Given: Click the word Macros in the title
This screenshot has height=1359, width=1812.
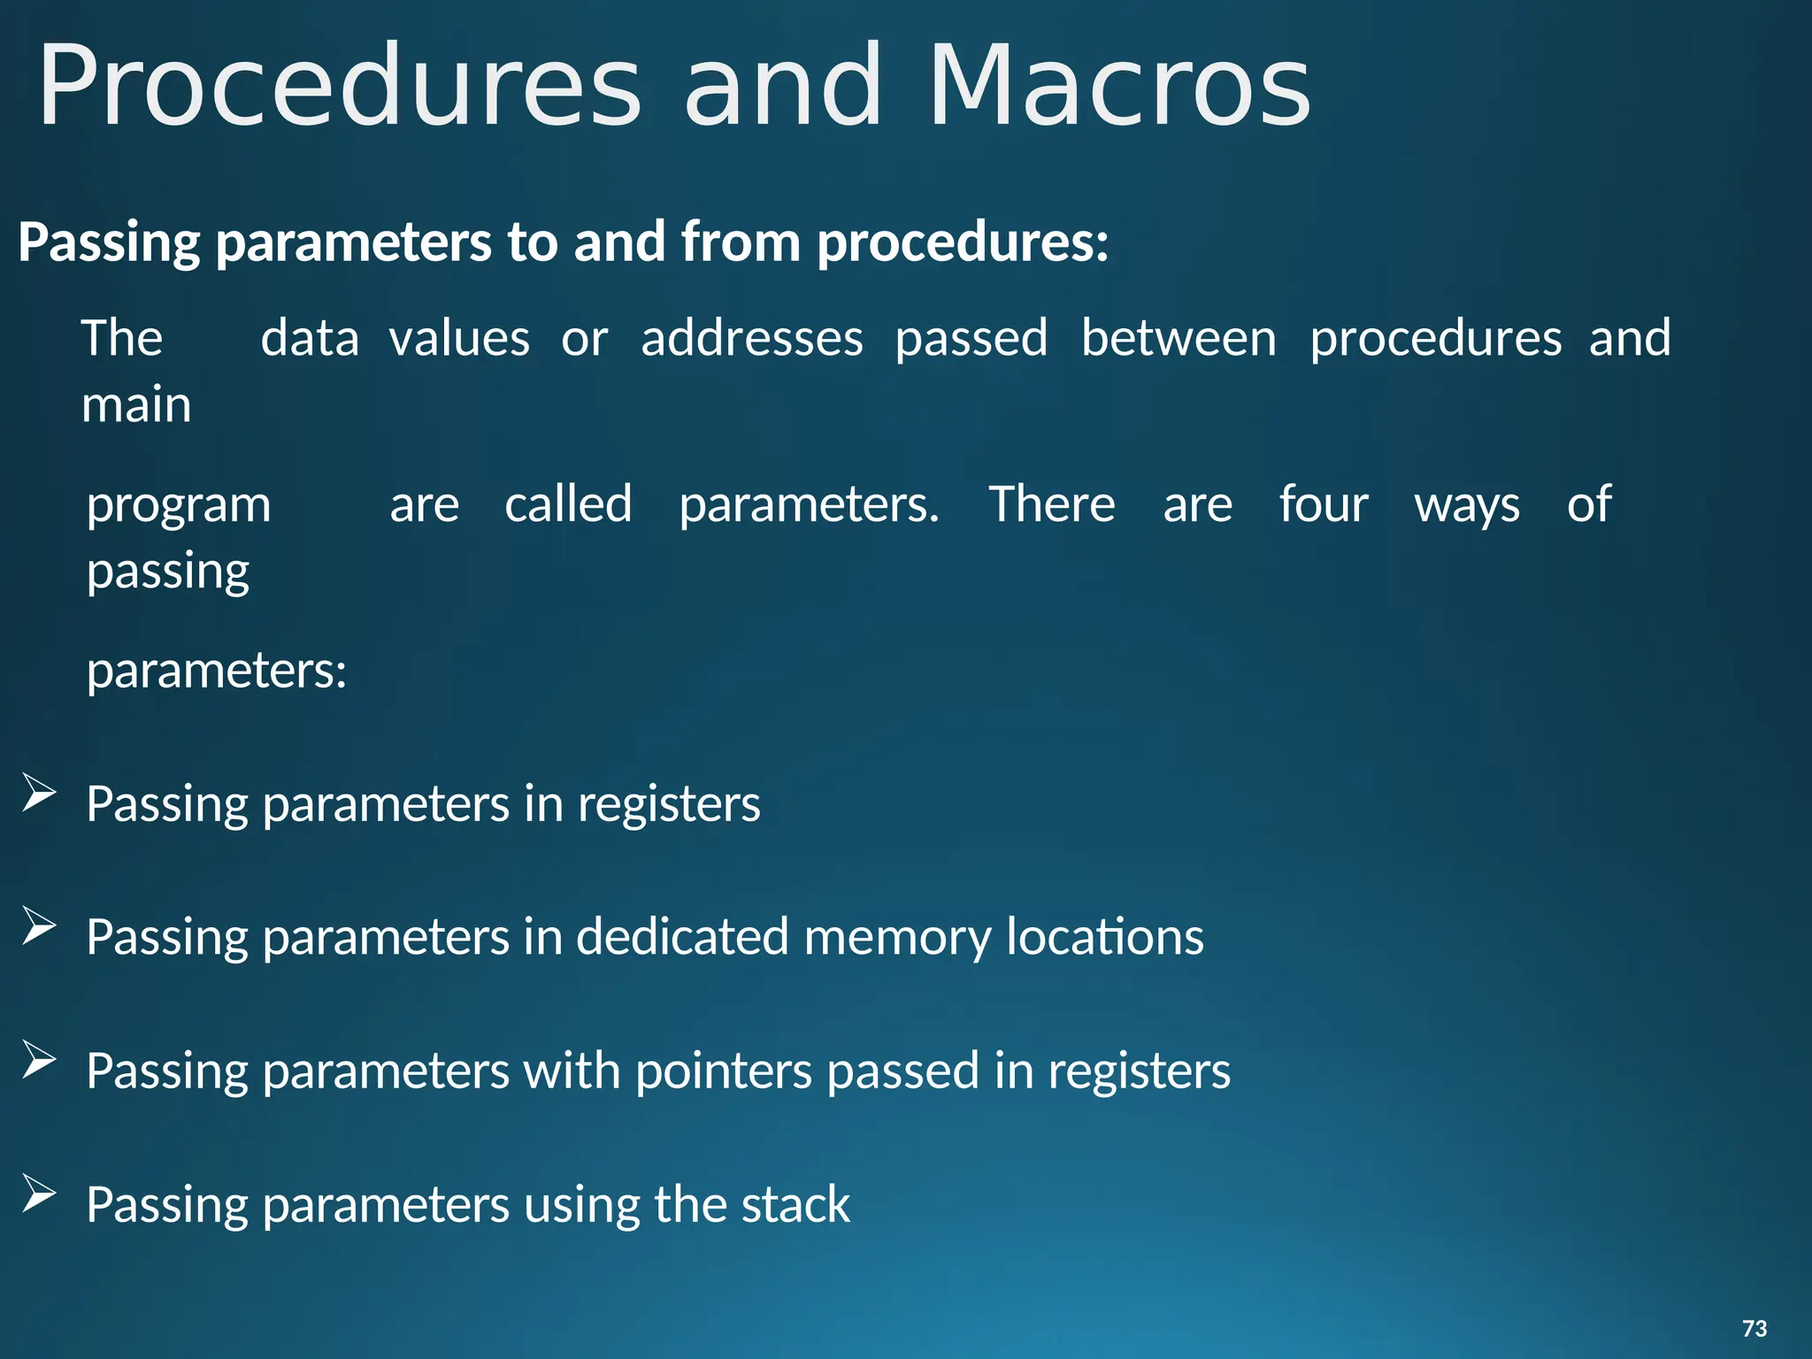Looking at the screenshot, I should coord(1119,87).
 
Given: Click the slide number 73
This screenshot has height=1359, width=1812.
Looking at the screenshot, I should coord(1754,1328).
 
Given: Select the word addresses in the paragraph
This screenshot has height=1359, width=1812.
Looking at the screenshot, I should coord(752,339).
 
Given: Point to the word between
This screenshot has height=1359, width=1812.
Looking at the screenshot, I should coord(1179,339).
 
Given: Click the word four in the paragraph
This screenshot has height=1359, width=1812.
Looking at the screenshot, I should coord(1324,505).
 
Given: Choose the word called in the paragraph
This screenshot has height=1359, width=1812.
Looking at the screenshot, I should coord(568,504).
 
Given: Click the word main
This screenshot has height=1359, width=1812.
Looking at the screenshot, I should coord(136,405).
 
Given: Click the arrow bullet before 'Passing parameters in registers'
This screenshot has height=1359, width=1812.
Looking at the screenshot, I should coord(39,792).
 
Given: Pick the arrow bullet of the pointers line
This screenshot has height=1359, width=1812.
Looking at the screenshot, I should coord(39,1059).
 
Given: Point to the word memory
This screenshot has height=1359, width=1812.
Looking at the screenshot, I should coord(897,938).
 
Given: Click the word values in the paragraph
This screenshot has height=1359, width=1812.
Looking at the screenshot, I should coord(459,339).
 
